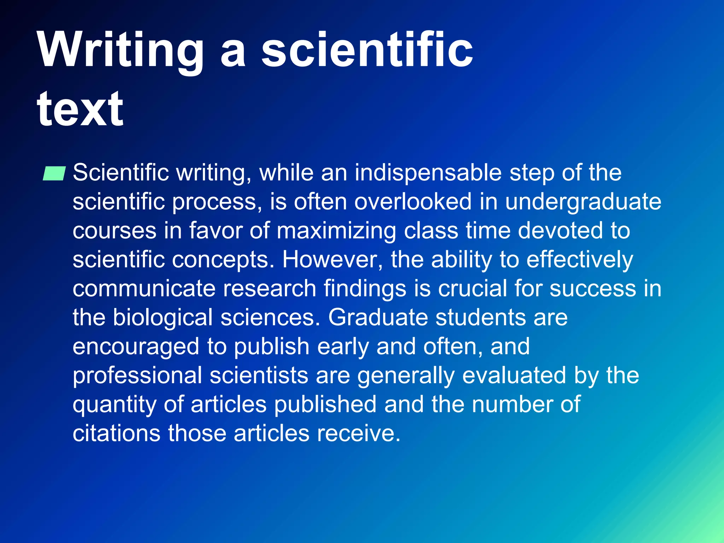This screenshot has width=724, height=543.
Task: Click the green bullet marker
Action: pos(54,173)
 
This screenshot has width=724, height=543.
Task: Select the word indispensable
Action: pos(428,173)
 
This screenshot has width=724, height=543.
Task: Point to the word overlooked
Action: pos(413,202)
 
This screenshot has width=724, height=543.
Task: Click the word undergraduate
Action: pos(583,202)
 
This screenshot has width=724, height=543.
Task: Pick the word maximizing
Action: pos(336,231)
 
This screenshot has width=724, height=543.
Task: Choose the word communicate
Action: pos(144,288)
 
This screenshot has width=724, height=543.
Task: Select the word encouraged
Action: pos(136,346)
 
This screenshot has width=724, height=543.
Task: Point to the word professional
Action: pos(137,375)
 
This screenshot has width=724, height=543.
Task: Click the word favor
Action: pos(215,231)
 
